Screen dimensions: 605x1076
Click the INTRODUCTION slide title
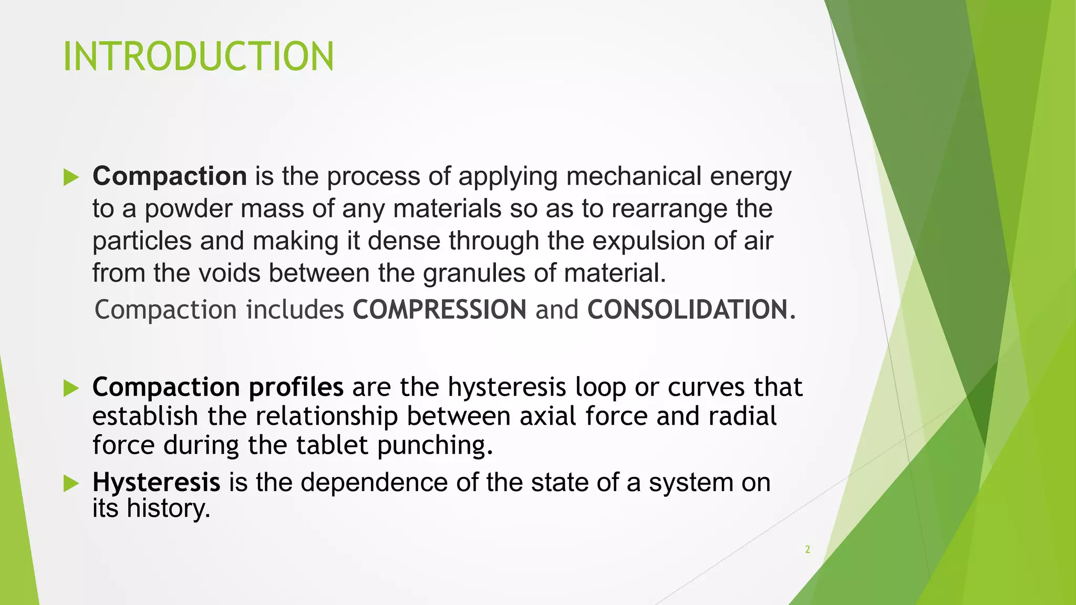[x=198, y=56]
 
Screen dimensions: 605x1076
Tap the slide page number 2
[x=808, y=549]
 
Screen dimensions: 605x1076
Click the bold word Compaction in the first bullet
[x=170, y=176]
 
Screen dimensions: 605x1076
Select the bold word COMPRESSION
[x=439, y=309]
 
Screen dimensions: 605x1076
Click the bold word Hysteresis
[x=156, y=482]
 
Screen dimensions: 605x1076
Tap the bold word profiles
[x=296, y=388]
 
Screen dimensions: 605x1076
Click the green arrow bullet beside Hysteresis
[x=71, y=483]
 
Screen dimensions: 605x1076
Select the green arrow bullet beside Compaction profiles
[x=71, y=388]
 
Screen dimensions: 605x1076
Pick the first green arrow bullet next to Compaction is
[x=71, y=177]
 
